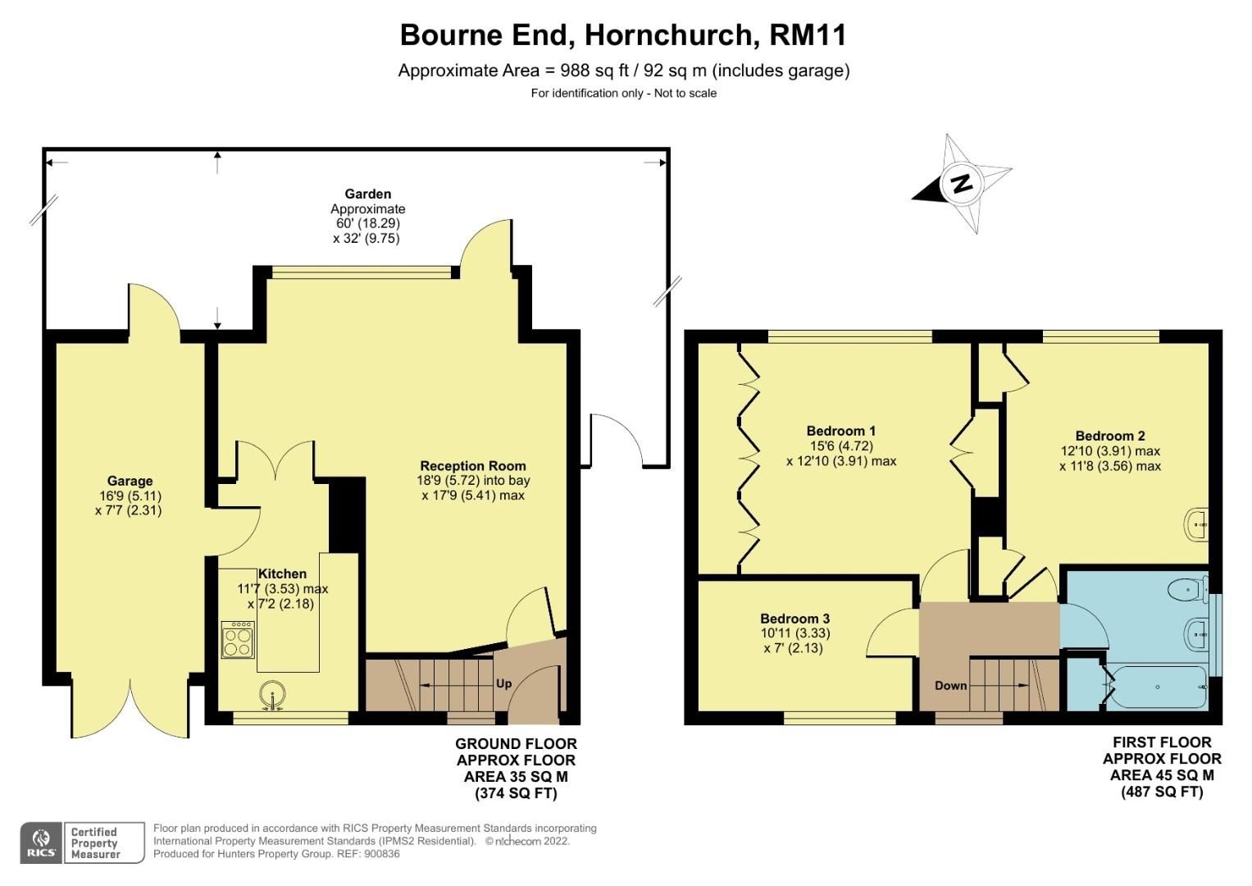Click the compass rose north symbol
pyautogui.click(x=961, y=183)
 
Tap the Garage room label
pyautogui.click(x=130, y=482)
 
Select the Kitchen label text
pyautogui.click(x=282, y=574)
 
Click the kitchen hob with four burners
pyautogui.click(x=238, y=639)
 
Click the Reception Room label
pyautogui.click(x=473, y=466)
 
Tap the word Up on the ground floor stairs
pyautogui.click(x=503, y=683)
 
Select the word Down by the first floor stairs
pyautogui.click(x=950, y=685)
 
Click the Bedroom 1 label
pyautogui.click(x=840, y=431)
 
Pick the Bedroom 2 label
pyautogui.click(x=1110, y=436)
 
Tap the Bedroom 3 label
pyautogui.click(x=794, y=619)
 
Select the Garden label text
pyautogui.click(x=367, y=194)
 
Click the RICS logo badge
pyautogui.click(x=41, y=843)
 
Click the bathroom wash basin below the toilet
pyautogui.click(x=1195, y=633)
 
